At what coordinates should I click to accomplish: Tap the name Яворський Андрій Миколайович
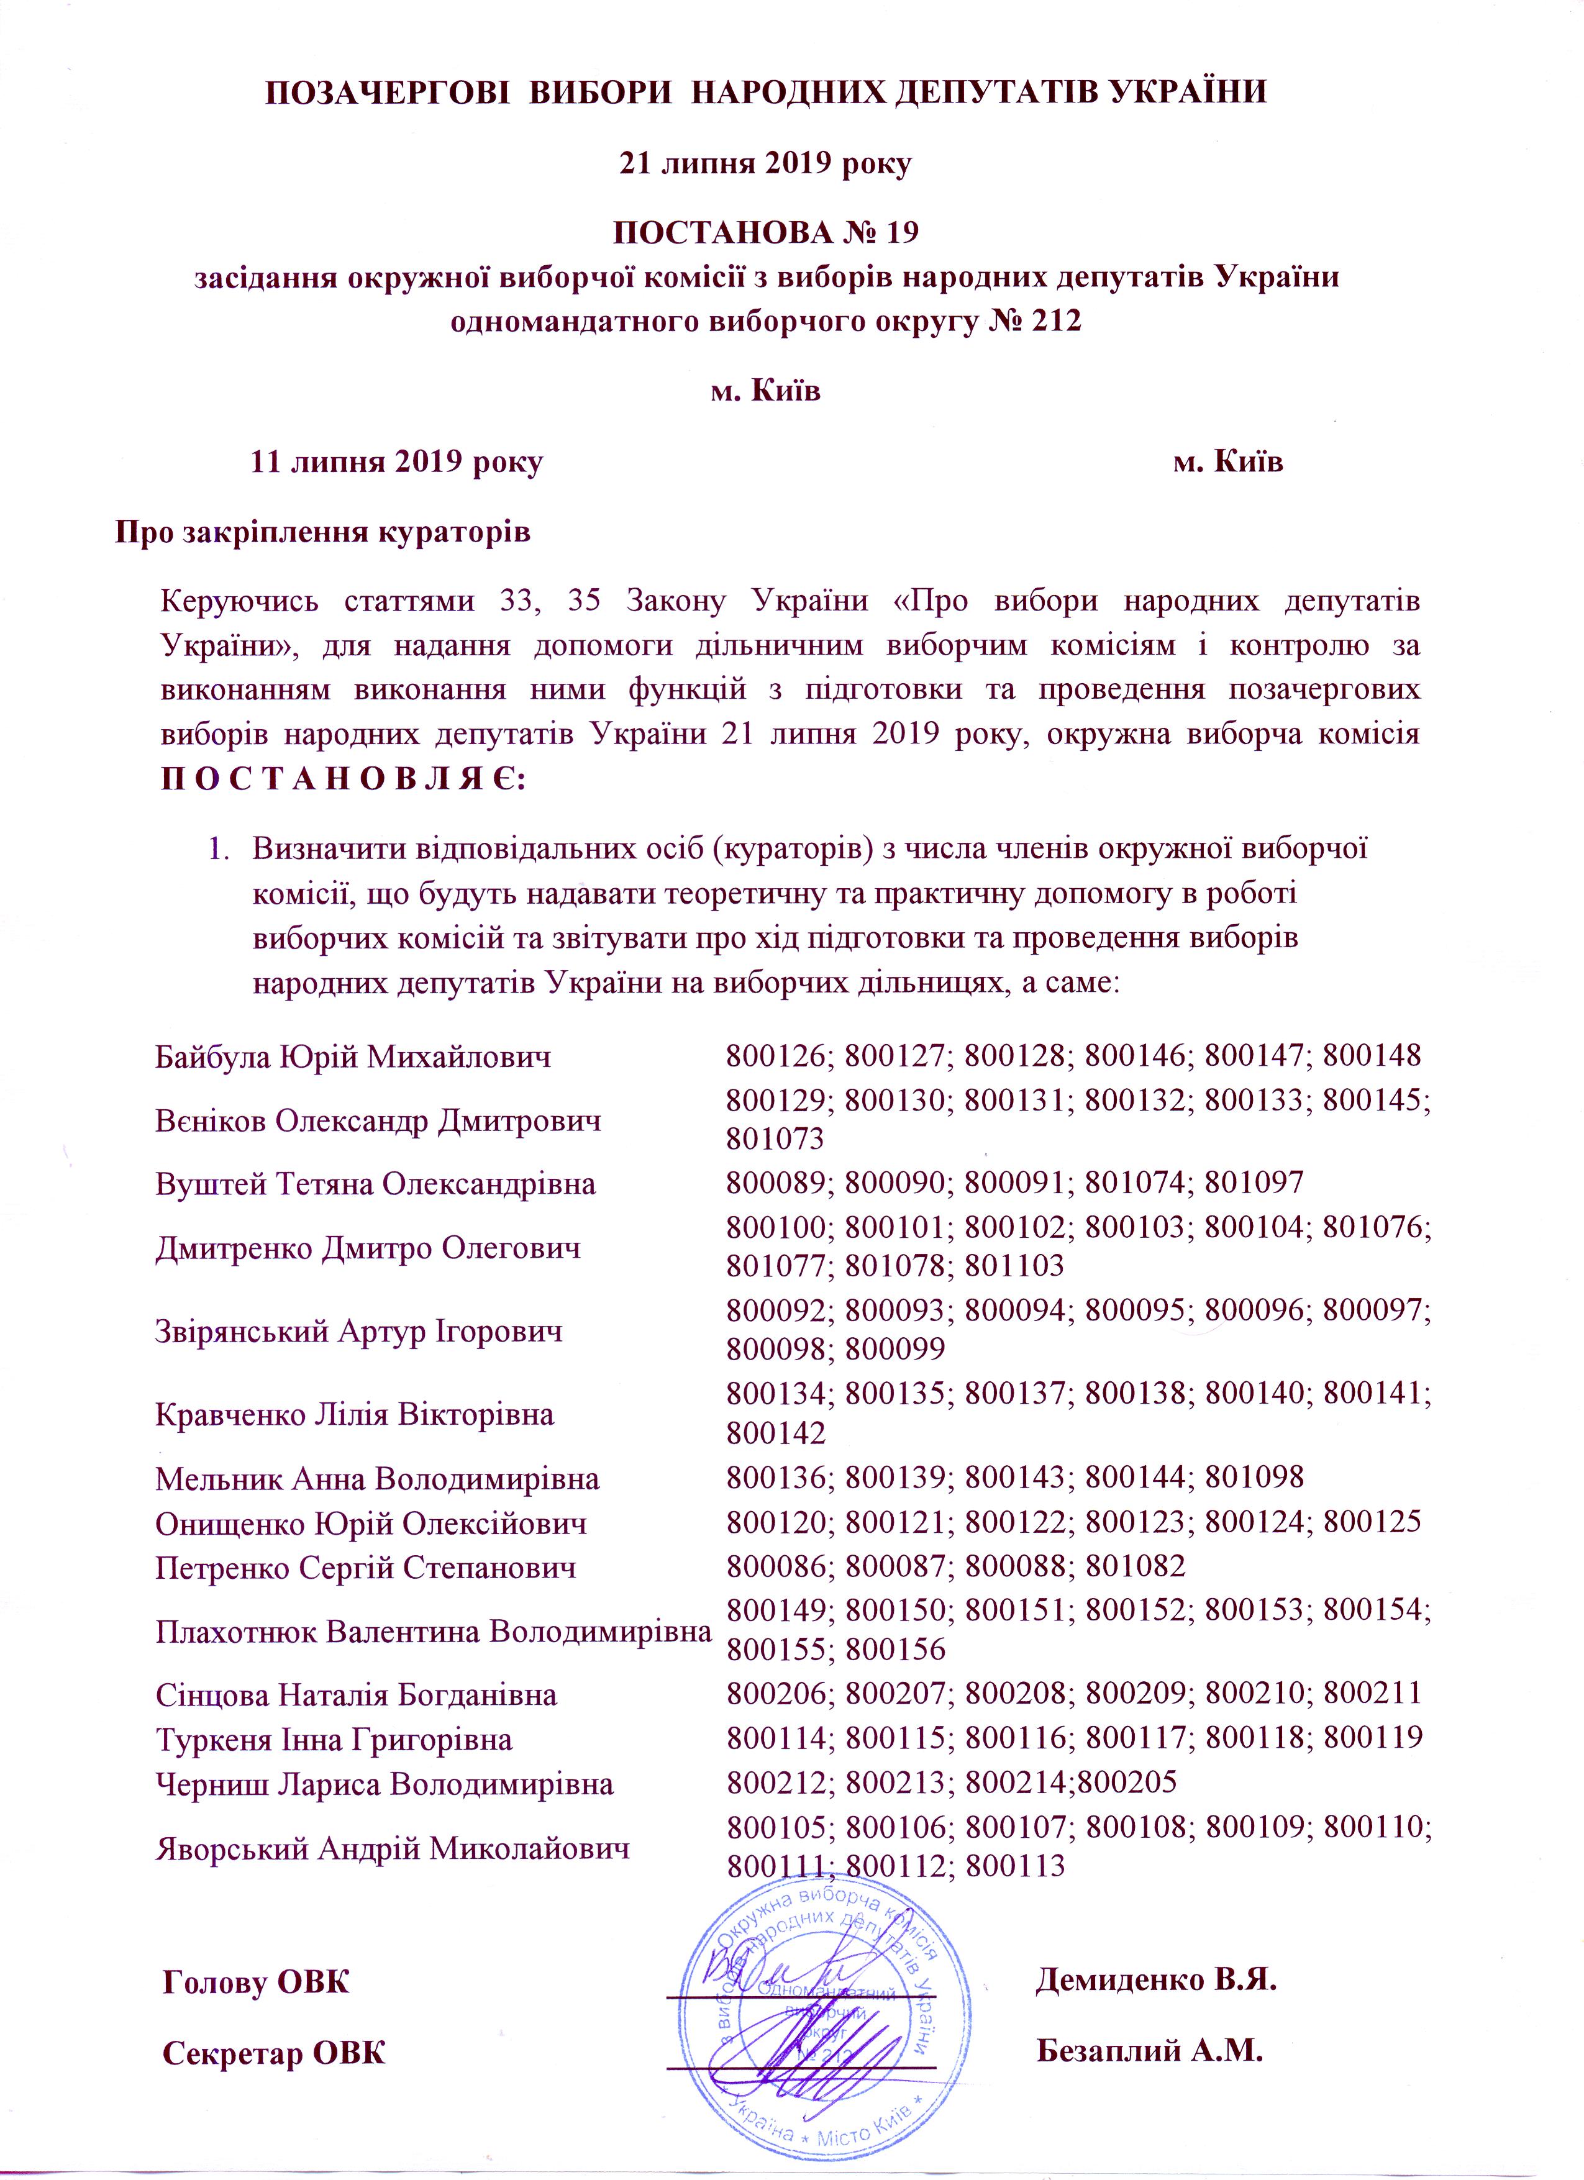pos(392,1848)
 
